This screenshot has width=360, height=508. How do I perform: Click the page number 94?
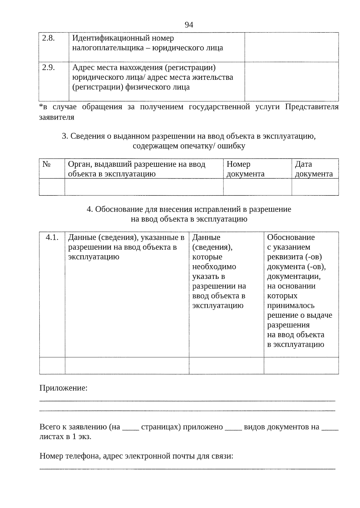[x=189, y=25]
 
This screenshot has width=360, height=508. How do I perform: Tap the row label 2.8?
[x=48, y=38]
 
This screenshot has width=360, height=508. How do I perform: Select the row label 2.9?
[x=48, y=67]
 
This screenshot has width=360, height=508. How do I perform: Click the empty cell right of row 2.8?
[x=291, y=47]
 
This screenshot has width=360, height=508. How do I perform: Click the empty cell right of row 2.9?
[x=291, y=81]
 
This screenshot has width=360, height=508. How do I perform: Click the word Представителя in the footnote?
[x=312, y=107]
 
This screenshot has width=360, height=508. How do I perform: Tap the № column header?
[x=46, y=164]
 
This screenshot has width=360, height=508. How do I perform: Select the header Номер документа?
[x=245, y=169]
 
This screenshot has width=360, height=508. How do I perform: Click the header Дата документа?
[x=314, y=169]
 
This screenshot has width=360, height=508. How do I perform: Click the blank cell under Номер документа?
[x=257, y=187]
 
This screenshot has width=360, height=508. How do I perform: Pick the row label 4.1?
[x=52, y=237]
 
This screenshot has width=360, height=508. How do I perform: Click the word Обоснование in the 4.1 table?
[x=291, y=237]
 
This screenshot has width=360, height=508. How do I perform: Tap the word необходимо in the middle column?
[x=214, y=267]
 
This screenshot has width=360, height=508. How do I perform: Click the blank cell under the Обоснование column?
[x=301, y=366]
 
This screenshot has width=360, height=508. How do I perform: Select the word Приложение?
[x=64, y=388]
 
